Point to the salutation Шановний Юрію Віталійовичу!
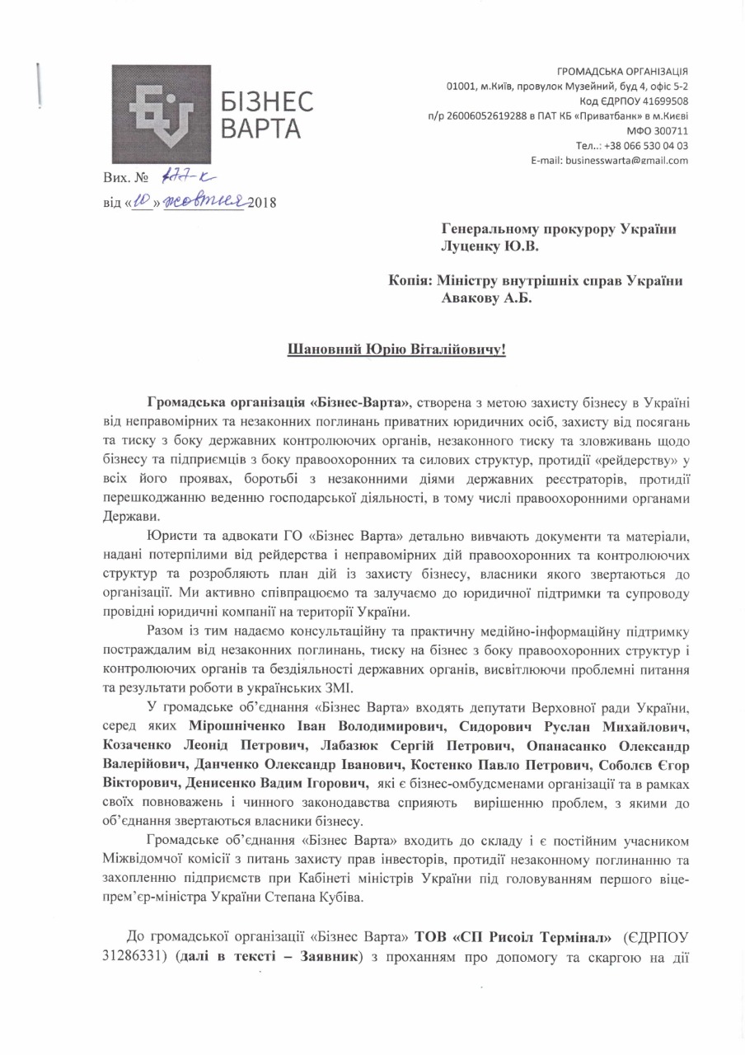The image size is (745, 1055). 395,350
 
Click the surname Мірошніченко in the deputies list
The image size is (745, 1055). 243,728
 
